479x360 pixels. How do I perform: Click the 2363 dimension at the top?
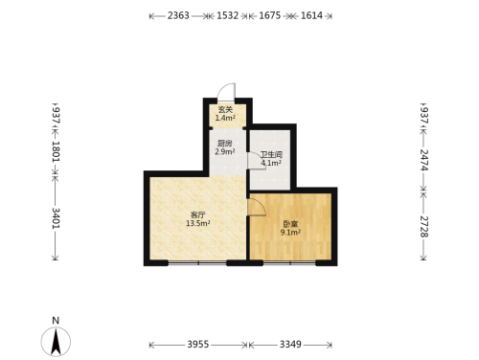pos(178,15)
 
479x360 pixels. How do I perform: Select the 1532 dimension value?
pos(227,15)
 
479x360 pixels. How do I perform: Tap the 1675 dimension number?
pos(269,15)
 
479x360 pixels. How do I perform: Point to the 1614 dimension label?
pos(311,15)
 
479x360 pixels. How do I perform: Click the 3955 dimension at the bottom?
pos(198,345)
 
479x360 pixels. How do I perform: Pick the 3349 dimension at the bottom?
pos(290,345)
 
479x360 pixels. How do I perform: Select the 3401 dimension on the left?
pos(56,218)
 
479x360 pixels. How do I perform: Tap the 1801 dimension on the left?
pos(56,151)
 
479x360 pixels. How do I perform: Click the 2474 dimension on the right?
pos(423,160)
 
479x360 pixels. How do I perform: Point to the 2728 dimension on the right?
pos(423,227)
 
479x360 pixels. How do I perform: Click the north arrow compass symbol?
pos(56,342)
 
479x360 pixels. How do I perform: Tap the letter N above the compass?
pos(56,321)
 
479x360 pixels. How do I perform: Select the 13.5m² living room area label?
pos(198,223)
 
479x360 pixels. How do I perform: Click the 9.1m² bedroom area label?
pos(290,233)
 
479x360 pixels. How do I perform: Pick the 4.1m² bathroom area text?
pos(271,163)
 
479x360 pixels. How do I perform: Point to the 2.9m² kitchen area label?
pos(225,152)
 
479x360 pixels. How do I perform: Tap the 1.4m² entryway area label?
pos(225,118)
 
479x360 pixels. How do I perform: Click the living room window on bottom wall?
pos(197,263)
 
